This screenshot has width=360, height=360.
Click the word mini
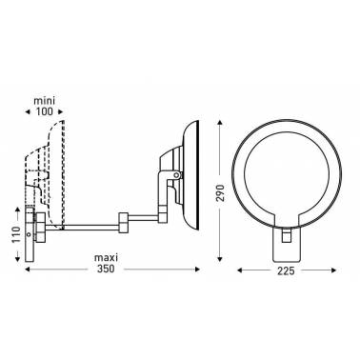(45, 101)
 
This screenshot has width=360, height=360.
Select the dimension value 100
(45, 111)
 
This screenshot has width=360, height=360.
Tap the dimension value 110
(17, 234)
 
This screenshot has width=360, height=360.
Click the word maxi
(106, 256)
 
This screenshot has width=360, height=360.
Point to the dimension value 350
(106, 269)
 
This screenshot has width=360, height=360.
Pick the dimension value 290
(220, 192)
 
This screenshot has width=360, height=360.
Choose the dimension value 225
(286, 270)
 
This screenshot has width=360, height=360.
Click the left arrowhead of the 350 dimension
(28, 270)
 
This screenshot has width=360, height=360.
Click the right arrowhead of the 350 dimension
(197, 270)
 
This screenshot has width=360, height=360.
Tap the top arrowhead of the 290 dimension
(220, 124)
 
